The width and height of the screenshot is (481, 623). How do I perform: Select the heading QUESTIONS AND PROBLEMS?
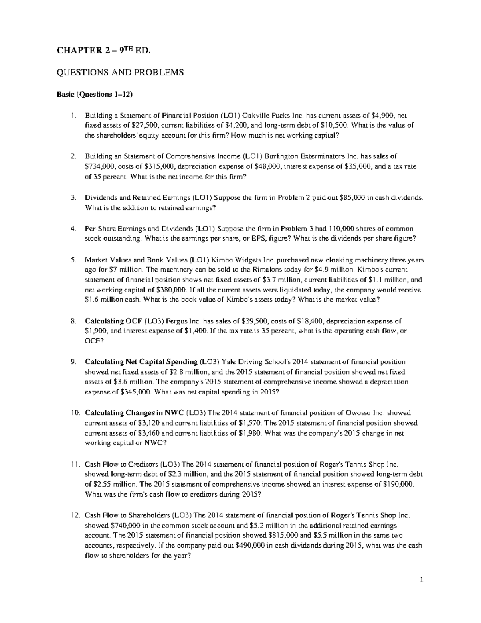coord(120,73)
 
